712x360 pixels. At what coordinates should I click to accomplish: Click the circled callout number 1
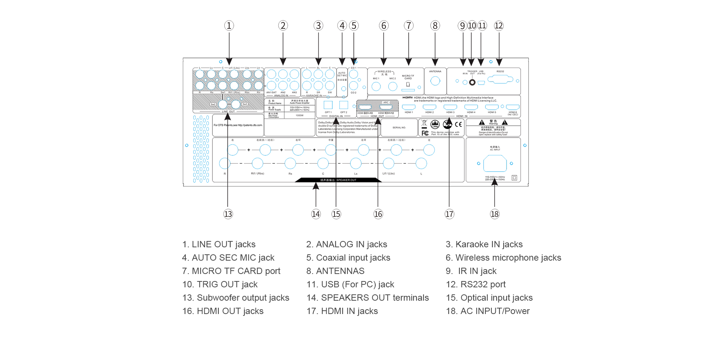point(229,26)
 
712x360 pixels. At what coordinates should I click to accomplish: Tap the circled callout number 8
point(435,26)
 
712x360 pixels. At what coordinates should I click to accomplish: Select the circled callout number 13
point(228,214)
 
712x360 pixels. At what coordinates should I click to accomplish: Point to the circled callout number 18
point(494,214)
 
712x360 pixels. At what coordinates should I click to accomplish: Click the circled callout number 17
point(449,214)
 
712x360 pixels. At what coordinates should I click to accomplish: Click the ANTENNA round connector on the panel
point(435,81)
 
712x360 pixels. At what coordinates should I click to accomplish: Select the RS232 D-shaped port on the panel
point(500,79)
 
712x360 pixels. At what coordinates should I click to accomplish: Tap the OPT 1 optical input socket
point(328,105)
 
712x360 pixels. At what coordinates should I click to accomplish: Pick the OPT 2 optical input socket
point(344,105)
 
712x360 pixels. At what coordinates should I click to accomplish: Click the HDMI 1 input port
point(409,108)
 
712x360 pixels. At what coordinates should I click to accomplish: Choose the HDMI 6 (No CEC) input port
point(513,108)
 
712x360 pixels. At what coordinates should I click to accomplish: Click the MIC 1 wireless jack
point(376,86)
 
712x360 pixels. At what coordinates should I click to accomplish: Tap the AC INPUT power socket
point(495,163)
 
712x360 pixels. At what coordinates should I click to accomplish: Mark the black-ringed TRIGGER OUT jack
point(472,82)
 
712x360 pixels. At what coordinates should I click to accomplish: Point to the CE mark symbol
point(458,125)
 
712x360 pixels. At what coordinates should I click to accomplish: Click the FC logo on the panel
point(425,133)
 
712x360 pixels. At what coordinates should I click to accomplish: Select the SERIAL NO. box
point(399,128)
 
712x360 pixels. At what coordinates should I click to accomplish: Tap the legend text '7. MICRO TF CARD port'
point(231,271)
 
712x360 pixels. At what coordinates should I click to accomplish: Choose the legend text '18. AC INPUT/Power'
point(488,311)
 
